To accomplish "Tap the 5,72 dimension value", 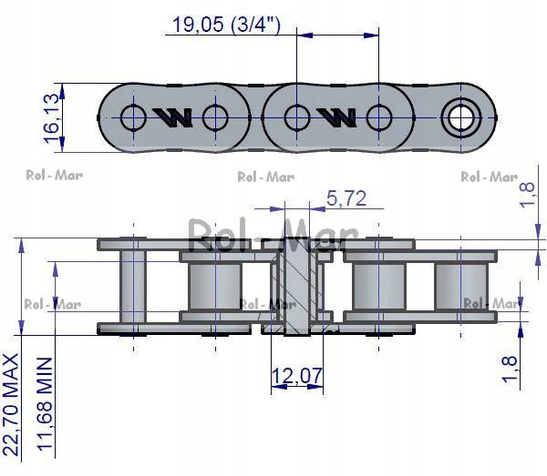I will click(346, 197).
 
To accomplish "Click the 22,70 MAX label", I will click(10, 404).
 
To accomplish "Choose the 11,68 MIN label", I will click(42, 405).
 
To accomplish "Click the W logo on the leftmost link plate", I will click(173, 116).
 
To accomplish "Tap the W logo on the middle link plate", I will click(336, 116).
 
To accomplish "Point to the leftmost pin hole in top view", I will click(133, 116).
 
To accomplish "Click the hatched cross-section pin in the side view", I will click(296, 283).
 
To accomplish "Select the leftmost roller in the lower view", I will click(133, 285).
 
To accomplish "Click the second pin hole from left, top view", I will click(215, 116).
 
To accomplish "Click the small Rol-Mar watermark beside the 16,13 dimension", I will click(52, 176).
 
